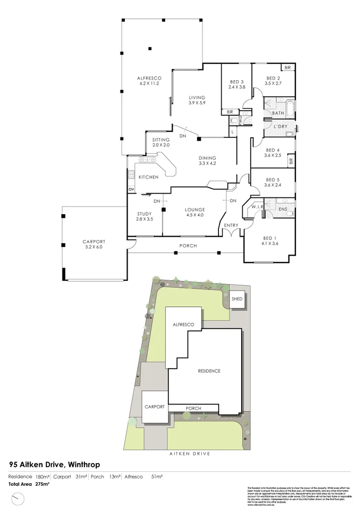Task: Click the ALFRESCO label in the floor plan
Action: [x=151, y=79]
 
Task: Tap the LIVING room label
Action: [x=197, y=97]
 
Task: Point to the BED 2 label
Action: [x=274, y=79]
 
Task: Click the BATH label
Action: [x=278, y=113]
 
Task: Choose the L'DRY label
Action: [x=280, y=126]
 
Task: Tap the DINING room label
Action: [x=207, y=158]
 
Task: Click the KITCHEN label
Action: [x=149, y=177]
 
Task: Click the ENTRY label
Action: [x=231, y=225]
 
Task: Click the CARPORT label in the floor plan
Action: [x=94, y=242]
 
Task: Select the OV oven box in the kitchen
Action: [x=131, y=189]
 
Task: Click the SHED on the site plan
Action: [x=237, y=299]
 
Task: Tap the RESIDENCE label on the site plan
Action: [x=209, y=371]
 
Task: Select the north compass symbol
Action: [x=19, y=500]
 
